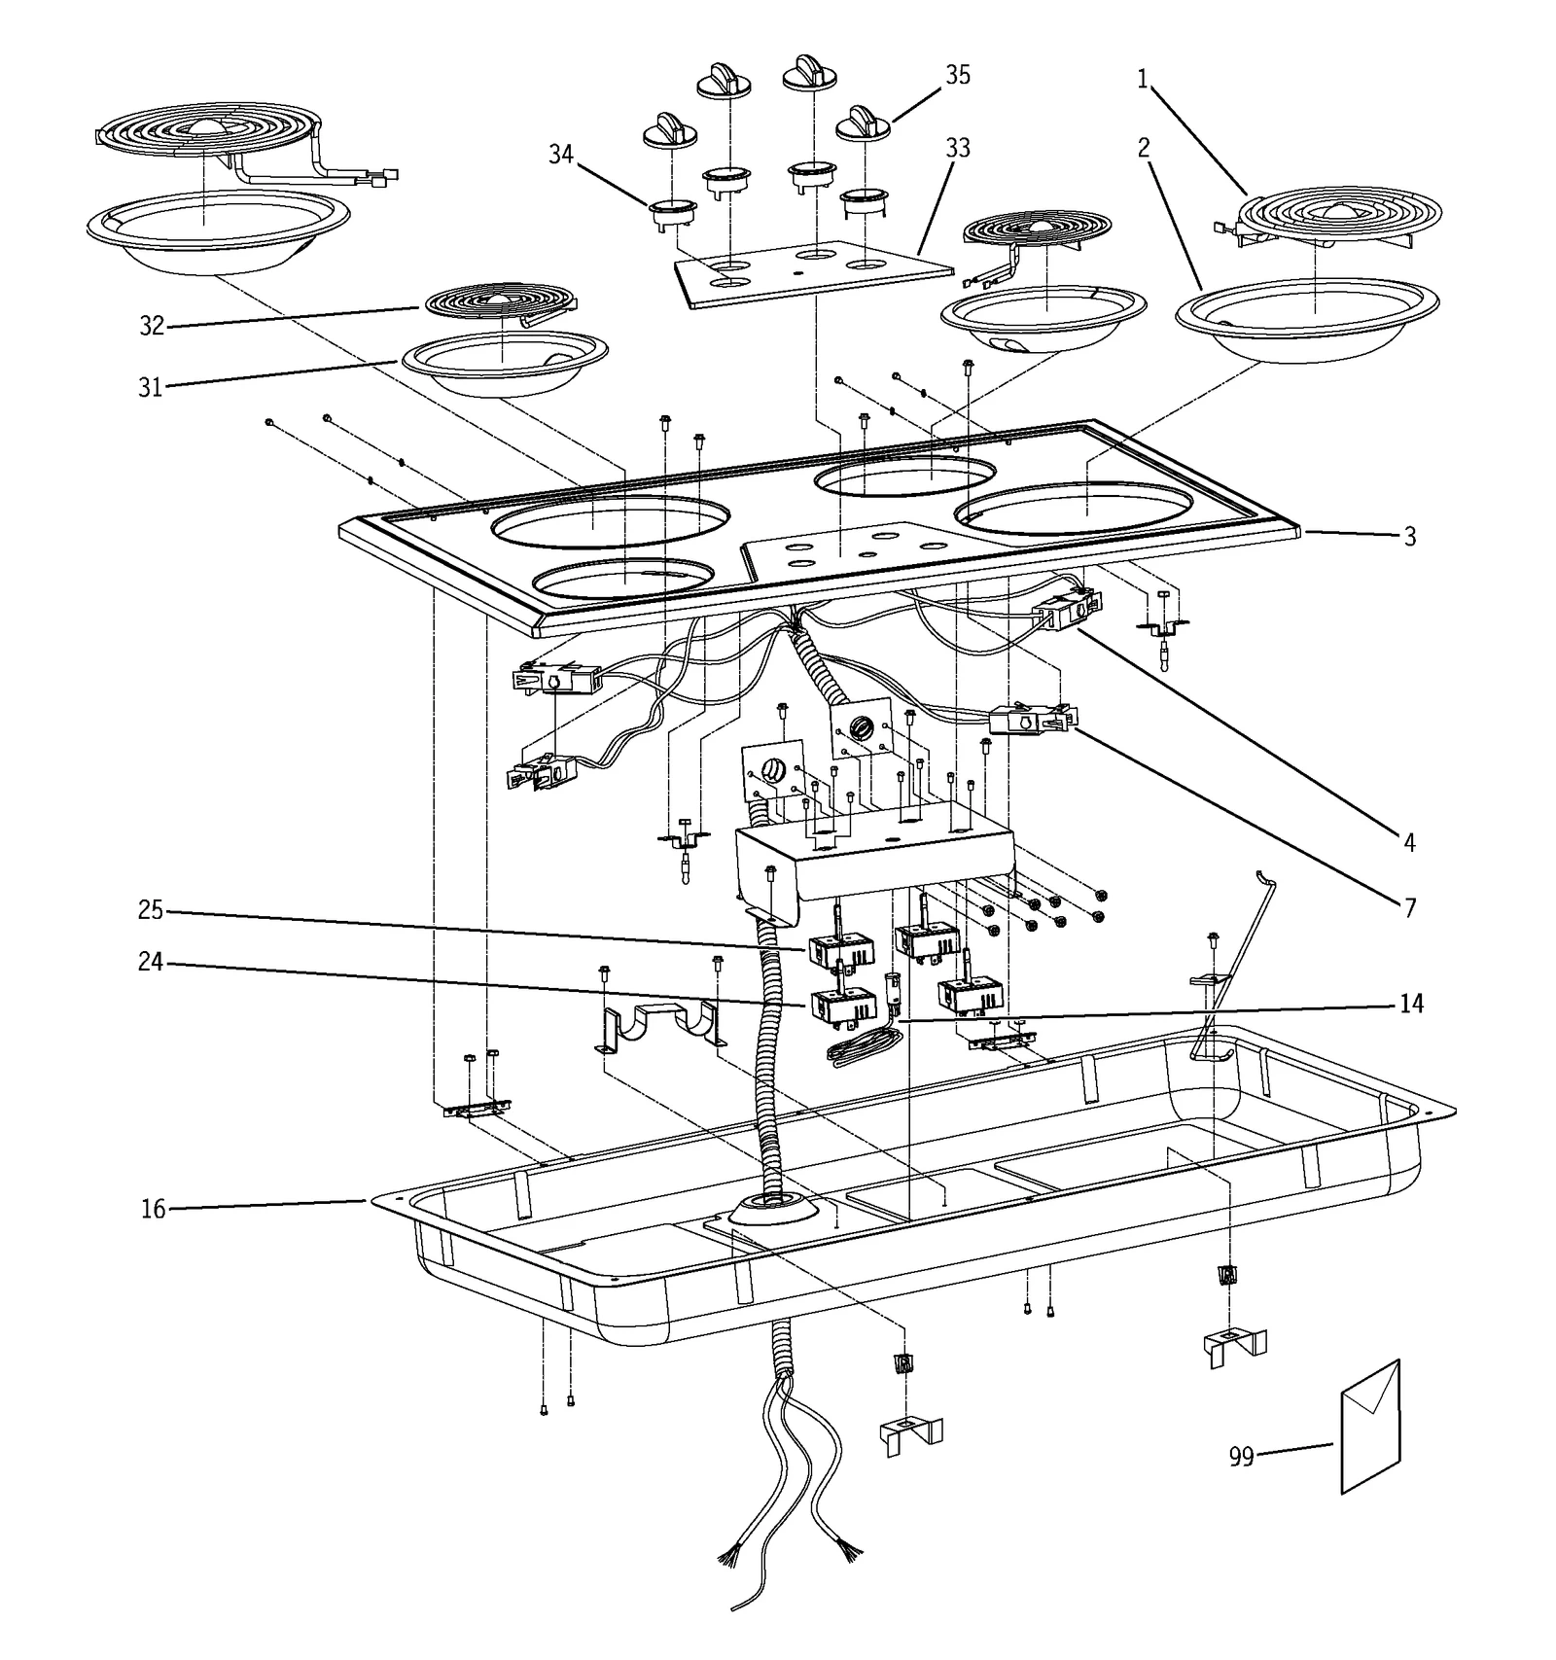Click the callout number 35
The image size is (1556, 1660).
click(957, 75)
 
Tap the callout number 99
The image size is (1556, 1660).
click(1241, 1457)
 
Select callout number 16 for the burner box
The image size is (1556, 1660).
click(153, 1210)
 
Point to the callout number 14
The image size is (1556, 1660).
click(1411, 1004)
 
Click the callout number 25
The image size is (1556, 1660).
click(150, 911)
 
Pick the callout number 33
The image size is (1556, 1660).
click(957, 148)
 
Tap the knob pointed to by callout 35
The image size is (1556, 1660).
click(864, 124)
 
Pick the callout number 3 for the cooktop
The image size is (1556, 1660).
click(1410, 536)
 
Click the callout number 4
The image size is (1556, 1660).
click(1409, 842)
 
